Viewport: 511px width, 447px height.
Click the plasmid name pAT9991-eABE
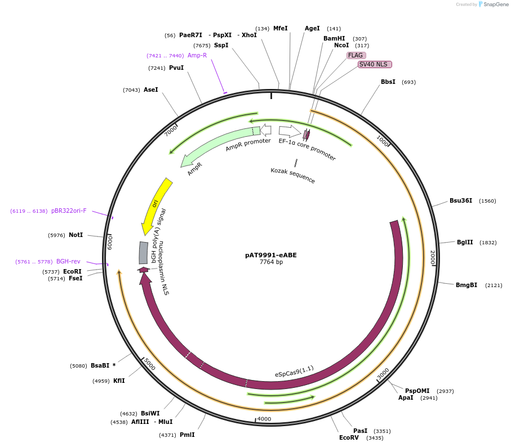coord(270,255)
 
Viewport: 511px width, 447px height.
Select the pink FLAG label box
coord(356,55)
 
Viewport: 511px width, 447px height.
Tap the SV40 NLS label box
coord(375,64)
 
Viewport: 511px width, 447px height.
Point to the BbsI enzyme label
coord(388,82)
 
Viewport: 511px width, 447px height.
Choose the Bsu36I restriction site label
coord(461,201)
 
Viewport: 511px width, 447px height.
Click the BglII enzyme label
coord(465,243)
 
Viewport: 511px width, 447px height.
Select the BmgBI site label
coord(466,285)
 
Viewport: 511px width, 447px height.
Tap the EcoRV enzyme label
coord(349,437)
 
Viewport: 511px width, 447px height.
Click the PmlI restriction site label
coord(187,435)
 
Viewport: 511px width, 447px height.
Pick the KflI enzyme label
coord(119,381)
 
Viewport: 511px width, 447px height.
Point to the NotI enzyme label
coord(76,235)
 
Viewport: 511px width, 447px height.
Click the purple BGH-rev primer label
coord(68,262)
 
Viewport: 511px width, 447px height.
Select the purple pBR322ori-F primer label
coord(69,211)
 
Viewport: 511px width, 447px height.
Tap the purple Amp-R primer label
coord(197,56)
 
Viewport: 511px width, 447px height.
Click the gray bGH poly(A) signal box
coord(144,253)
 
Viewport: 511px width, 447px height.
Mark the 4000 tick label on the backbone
coord(264,419)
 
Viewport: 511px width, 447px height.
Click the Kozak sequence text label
coord(292,175)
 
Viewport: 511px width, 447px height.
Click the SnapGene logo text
coord(496,5)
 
